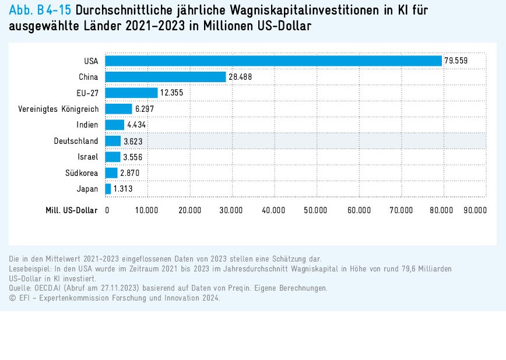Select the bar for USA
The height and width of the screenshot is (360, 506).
(273, 61)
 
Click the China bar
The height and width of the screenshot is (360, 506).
(166, 77)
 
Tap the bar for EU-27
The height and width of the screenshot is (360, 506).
(131, 93)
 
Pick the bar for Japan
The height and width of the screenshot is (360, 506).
(108, 189)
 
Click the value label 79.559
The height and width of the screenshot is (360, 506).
(456, 61)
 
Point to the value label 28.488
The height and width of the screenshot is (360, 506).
(240, 77)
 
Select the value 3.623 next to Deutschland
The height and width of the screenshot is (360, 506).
(133, 141)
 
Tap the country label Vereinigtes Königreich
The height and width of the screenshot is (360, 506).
(58, 109)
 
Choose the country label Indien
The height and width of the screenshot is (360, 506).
(87, 125)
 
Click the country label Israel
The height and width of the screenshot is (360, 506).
(88, 157)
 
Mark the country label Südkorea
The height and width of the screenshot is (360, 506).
(82, 173)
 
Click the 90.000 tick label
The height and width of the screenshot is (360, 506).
(475, 210)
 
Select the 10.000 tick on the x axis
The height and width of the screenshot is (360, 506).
(147, 210)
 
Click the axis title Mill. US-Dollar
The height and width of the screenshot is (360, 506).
(72, 210)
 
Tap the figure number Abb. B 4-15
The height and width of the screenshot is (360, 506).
(40, 11)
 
